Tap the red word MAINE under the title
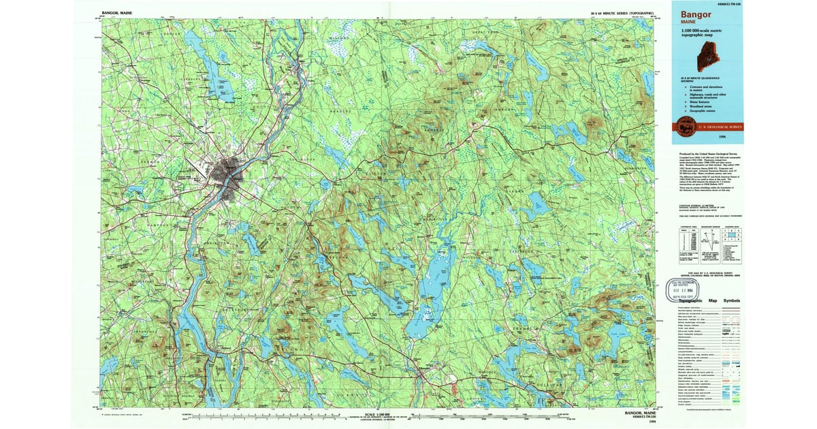click(x=688, y=22)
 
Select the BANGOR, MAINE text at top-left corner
click(x=117, y=12)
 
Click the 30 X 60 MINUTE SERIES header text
click(x=623, y=13)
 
